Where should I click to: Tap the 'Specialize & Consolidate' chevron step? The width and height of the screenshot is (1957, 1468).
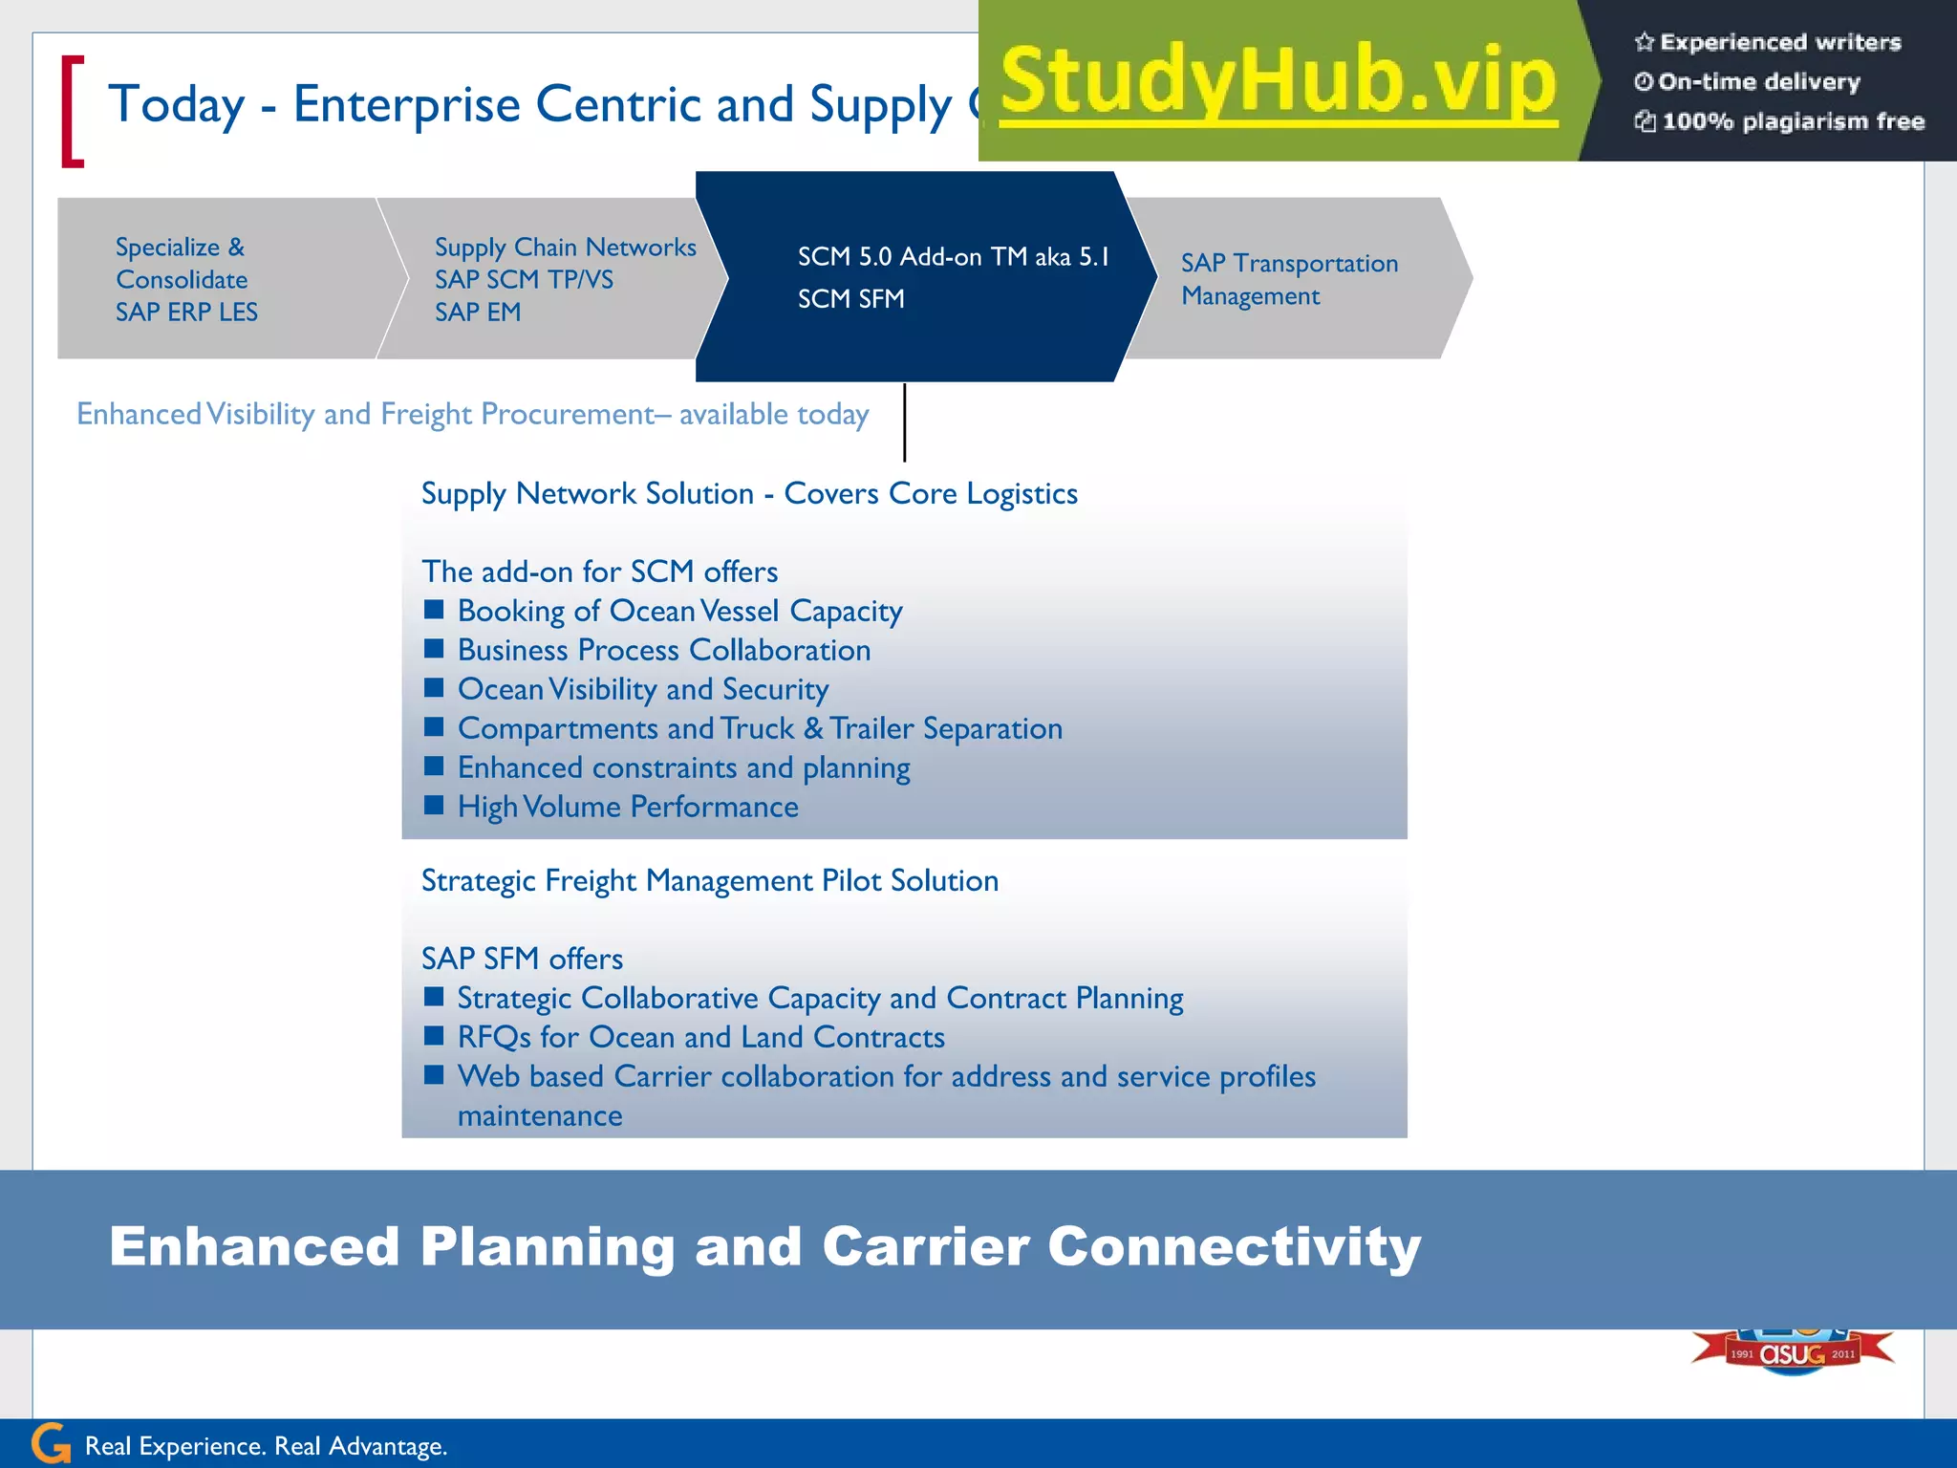point(220,279)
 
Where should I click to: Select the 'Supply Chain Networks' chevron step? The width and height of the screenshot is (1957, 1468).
point(554,279)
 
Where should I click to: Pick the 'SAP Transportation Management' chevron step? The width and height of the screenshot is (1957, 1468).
point(1290,279)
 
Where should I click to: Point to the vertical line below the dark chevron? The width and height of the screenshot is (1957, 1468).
point(904,422)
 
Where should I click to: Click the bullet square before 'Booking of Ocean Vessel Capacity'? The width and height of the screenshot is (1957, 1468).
point(434,610)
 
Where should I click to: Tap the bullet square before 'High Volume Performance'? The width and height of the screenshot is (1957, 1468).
point(434,806)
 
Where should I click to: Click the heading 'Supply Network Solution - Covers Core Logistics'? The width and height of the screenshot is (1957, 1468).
point(749,494)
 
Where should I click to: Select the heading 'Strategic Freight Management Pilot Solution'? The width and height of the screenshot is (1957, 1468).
point(710,880)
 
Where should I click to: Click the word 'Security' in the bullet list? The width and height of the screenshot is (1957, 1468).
point(775,689)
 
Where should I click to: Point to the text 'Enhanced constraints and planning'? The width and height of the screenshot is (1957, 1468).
point(683,767)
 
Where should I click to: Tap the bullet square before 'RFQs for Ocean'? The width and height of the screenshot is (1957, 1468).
point(434,1036)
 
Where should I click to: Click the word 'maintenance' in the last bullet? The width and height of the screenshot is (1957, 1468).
point(540,1115)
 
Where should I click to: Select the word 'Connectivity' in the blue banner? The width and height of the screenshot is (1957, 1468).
point(1235,1247)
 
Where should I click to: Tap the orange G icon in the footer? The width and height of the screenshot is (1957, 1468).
point(51,1443)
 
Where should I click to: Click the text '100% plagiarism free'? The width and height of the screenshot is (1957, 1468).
point(1793,121)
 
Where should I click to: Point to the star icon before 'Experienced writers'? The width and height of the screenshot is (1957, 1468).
point(1644,42)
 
